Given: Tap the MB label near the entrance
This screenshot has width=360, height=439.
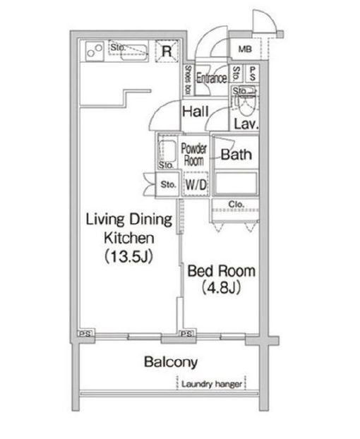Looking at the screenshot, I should click(245, 49).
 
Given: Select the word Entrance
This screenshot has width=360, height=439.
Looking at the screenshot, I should click(211, 79).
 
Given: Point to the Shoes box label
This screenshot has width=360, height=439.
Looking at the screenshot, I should click(188, 78).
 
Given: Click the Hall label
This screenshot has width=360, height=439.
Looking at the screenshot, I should click(193, 112).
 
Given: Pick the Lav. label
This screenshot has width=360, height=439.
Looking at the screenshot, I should click(245, 124).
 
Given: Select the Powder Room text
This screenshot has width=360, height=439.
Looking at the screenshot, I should click(193, 154).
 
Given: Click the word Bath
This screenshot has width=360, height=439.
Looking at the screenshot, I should click(237, 155).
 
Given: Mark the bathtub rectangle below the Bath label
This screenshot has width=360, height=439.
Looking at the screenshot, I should click(236, 184).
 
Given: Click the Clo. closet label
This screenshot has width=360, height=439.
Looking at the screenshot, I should click(236, 205).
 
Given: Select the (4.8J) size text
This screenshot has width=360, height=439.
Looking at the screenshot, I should click(220, 287).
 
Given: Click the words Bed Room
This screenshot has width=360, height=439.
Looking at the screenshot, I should click(220, 271).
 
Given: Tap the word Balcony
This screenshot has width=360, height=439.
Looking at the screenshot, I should click(170, 363).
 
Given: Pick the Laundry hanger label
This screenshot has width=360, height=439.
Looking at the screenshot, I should click(212, 385).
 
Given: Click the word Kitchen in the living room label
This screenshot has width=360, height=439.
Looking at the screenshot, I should click(127, 237).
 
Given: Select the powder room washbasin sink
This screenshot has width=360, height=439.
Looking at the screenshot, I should click(169, 150).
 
